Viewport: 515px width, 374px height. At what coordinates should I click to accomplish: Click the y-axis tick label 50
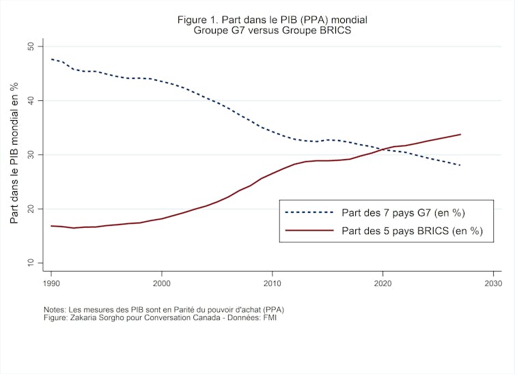[x=31, y=46]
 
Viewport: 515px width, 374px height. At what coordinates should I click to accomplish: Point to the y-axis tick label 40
[x=31, y=100]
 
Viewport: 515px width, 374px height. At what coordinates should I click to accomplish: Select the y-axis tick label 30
[x=31, y=155]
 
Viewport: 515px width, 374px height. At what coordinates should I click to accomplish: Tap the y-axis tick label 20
[x=31, y=209]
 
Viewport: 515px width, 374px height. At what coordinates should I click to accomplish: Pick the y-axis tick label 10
[x=31, y=263]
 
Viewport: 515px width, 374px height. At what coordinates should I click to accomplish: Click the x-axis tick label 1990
[x=51, y=282]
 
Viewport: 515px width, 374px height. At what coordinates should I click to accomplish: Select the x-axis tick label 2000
[x=162, y=282]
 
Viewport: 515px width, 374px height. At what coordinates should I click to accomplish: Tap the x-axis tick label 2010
[x=273, y=282]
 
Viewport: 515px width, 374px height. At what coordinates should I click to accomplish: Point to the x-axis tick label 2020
[x=383, y=282]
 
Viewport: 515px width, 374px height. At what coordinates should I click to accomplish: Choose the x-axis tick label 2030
[x=494, y=282]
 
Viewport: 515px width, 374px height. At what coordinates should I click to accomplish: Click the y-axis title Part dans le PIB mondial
[x=14, y=154]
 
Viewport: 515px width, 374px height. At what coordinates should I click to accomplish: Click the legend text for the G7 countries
[x=404, y=212]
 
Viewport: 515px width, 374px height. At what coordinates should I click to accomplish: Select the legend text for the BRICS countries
[x=412, y=231]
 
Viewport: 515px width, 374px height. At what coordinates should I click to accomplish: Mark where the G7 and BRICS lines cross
[x=383, y=149]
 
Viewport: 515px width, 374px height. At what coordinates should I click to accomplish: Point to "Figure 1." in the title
[x=200, y=20]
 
